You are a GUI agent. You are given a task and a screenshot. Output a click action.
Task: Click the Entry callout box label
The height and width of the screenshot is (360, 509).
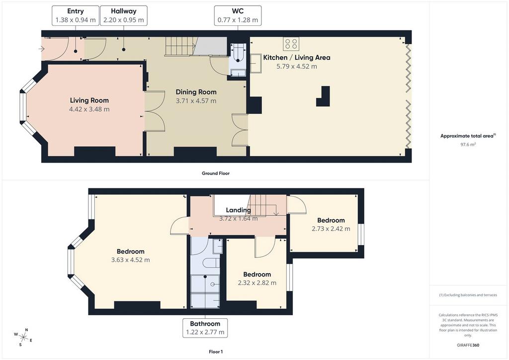[76, 15]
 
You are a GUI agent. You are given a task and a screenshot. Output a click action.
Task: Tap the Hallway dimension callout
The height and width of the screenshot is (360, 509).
[123, 15]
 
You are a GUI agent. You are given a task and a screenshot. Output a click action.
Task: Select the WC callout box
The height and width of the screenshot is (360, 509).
[238, 15]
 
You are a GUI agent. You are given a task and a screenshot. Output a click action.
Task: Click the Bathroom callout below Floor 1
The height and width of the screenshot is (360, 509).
[205, 328]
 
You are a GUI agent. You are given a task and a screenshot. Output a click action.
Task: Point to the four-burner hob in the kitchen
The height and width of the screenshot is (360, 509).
[291, 44]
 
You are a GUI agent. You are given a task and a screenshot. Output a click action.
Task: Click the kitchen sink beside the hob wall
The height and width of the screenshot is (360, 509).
[255, 64]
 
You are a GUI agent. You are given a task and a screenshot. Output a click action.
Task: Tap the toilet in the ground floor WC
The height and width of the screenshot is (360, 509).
[239, 54]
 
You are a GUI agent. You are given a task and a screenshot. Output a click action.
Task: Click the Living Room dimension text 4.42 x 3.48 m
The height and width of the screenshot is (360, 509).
[89, 109]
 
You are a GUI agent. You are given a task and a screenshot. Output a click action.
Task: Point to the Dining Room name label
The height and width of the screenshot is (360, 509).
[196, 92]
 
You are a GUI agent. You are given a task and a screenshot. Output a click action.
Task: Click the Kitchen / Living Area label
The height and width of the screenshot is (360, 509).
[297, 58]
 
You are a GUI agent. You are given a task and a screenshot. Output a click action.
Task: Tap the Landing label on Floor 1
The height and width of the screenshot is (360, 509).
[238, 210]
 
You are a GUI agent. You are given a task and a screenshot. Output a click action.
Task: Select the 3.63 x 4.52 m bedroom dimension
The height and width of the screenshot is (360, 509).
[131, 260]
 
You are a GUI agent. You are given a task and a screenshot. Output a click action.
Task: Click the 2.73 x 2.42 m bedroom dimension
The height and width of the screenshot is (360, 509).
[331, 229]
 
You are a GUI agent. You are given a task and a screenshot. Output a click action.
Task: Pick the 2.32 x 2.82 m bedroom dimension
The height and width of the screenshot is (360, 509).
[257, 283]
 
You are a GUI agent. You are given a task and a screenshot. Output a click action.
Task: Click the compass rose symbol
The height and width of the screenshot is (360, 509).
[23, 337]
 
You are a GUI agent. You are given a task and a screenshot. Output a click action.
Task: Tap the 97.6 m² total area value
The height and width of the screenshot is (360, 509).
[468, 145]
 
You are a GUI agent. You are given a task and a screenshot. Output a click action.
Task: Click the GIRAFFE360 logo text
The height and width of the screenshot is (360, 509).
[468, 345]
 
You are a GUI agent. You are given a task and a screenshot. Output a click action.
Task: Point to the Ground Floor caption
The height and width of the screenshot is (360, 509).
[216, 174]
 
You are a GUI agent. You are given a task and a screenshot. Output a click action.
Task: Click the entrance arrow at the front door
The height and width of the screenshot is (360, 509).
[41, 49]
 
